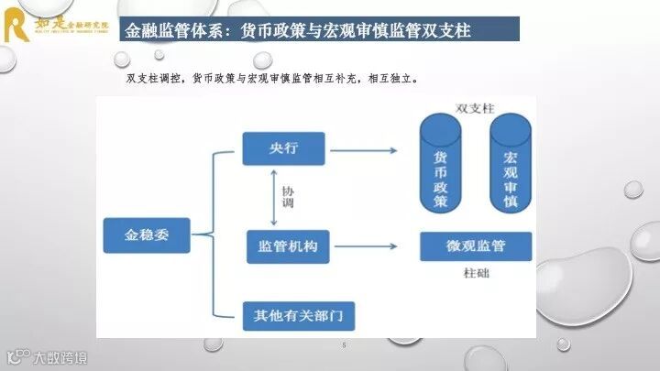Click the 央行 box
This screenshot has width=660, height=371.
pyautogui.click(x=284, y=148)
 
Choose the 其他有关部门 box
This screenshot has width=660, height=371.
pyautogui.click(x=298, y=316)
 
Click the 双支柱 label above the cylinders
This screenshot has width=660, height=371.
pyautogui.click(x=476, y=108)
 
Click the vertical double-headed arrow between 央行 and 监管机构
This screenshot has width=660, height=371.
pyautogui.click(x=274, y=197)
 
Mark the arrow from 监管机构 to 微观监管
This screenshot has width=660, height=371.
pyautogui.click(x=366, y=246)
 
